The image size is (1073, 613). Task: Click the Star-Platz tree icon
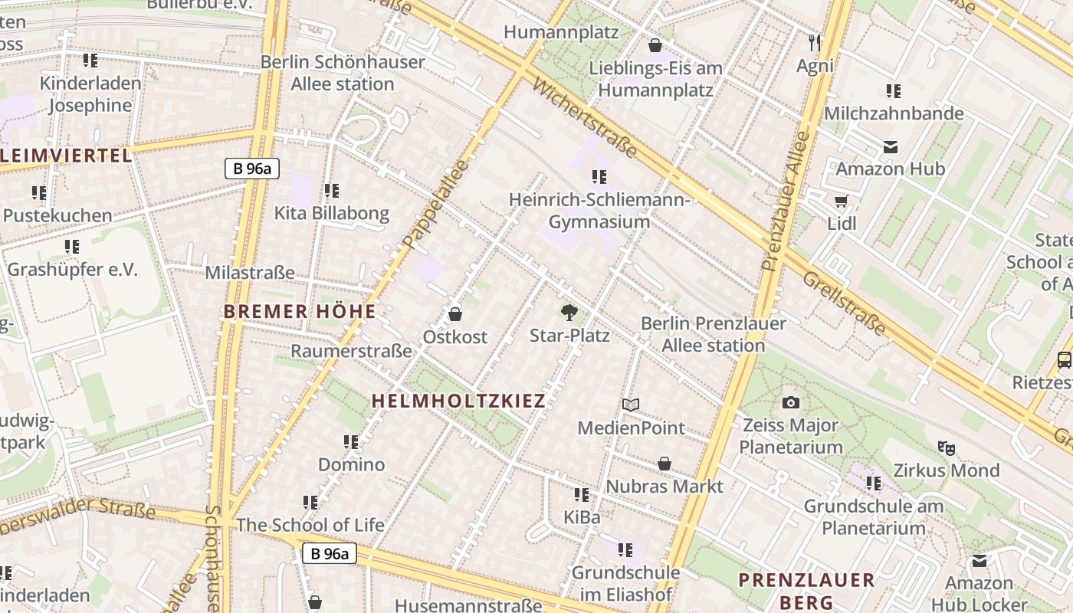coord(569,312)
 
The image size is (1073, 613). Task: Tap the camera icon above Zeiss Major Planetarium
coord(791,402)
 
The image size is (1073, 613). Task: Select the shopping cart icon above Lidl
coord(842,202)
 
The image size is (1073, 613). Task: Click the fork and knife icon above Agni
coord(815,42)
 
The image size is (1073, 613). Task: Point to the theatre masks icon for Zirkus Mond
coord(947,448)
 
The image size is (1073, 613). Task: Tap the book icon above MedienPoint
coord(631,405)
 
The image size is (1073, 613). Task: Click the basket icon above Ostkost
coord(455,314)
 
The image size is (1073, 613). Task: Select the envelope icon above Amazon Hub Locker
coord(979,562)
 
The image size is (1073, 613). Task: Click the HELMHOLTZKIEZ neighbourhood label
coord(458,401)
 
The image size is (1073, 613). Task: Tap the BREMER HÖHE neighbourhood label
coord(300,312)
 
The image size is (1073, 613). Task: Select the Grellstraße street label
coord(844,303)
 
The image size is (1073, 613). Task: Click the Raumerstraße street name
coord(351,351)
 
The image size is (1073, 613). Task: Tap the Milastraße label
coord(250,273)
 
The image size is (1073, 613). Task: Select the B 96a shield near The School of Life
coord(329,553)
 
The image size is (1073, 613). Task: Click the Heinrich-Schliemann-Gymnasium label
coord(599,211)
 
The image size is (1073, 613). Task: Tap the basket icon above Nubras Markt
coord(664,464)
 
